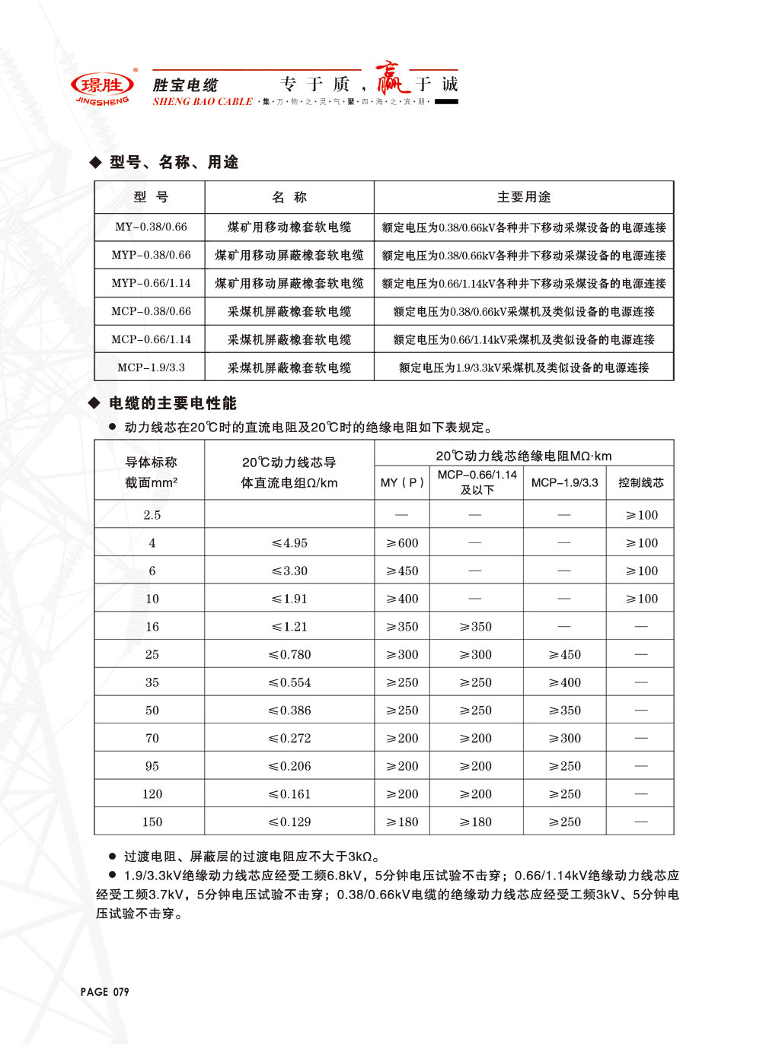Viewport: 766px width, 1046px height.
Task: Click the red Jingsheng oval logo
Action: click(x=102, y=85)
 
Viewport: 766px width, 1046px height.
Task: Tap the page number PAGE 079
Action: click(x=104, y=992)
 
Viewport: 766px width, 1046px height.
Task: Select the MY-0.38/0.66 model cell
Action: click(x=151, y=227)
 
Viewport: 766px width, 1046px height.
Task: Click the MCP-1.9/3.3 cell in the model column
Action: click(x=151, y=367)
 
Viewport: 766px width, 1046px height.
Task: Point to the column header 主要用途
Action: click(x=524, y=197)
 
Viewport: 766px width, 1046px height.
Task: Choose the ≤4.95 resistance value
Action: click(x=289, y=543)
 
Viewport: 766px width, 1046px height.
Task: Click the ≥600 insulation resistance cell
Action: click(x=402, y=543)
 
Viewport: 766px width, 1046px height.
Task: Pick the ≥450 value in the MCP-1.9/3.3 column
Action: click(x=565, y=655)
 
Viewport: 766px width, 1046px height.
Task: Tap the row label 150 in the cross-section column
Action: click(x=152, y=822)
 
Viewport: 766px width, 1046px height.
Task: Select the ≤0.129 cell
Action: click(x=289, y=822)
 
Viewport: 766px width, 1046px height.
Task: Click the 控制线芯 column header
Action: click(x=641, y=483)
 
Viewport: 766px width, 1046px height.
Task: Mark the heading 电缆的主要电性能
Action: click(x=173, y=403)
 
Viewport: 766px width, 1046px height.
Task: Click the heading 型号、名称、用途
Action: click(x=174, y=162)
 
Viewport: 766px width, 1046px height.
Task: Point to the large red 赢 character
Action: click(x=391, y=79)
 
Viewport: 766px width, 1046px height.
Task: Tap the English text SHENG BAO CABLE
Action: click(x=203, y=102)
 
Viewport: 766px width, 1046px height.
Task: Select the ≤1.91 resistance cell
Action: click(x=289, y=599)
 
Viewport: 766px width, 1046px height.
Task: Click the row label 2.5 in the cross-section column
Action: click(x=152, y=515)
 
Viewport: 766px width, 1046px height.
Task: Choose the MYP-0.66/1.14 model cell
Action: click(x=151, y=283)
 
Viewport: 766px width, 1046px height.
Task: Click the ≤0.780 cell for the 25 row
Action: click(x=289, y=655)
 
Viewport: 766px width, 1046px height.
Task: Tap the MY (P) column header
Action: click(x=402, y=483)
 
